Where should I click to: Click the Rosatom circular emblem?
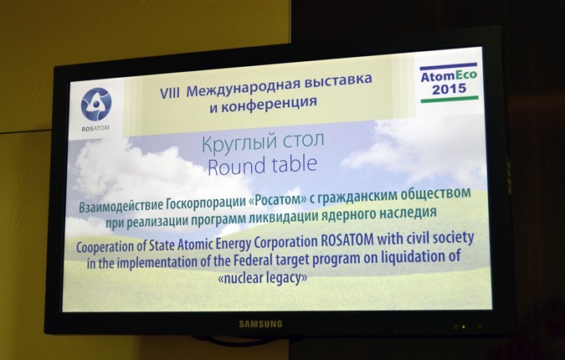click(x=96, y=104)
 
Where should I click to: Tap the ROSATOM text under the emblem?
click(x=95, y=128)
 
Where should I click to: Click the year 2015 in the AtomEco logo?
click(x=449, y=89)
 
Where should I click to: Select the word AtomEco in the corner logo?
click(x=449, y=76)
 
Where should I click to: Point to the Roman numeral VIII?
click(x=169, y=93)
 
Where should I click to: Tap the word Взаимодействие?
click(x=121, y=207)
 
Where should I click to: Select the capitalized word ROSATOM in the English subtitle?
click(x=347, y=241)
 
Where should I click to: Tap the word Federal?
click(x=254, y=260)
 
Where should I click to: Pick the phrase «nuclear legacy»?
click(x=263, y=278)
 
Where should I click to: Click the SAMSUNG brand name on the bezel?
click(x=261, y=324)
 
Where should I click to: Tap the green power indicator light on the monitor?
click(x=464, y=327)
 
